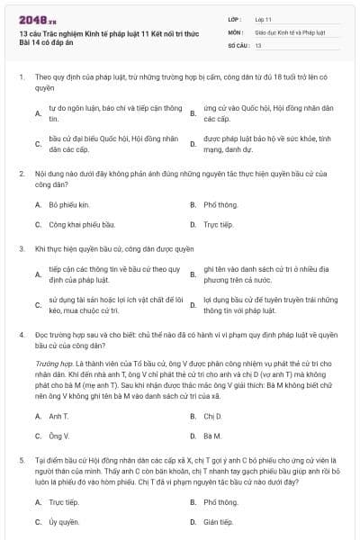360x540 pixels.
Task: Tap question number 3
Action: coord(22,247)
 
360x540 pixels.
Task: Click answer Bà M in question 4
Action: coord(212,436)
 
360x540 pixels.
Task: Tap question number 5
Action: coord(22,459)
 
